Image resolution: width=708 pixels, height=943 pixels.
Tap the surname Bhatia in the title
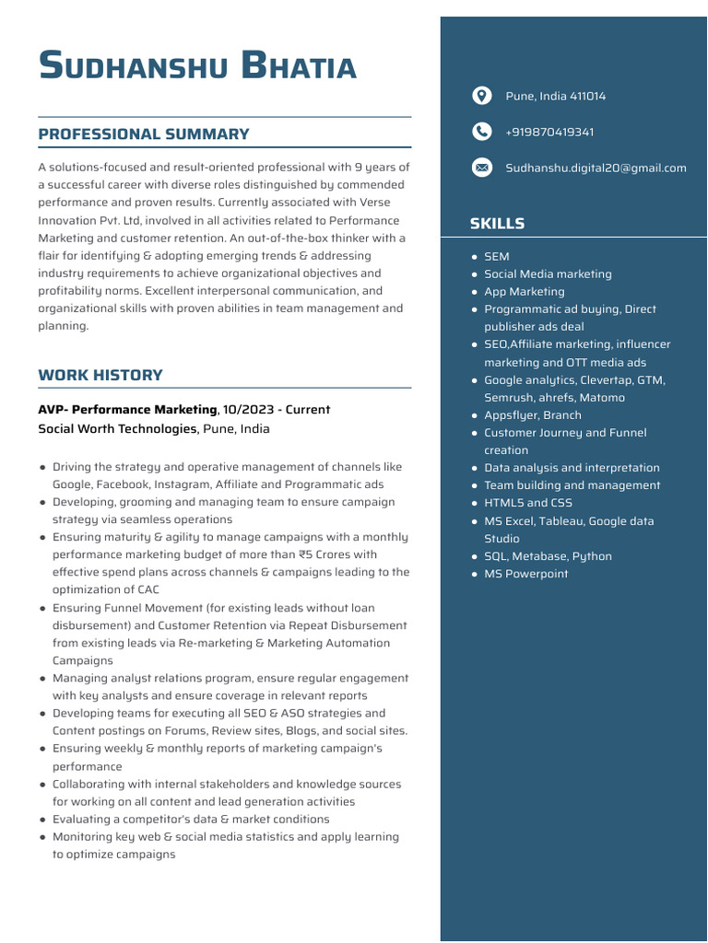click(298, 67)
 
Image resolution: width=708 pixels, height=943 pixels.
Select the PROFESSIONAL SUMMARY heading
click(143, 134)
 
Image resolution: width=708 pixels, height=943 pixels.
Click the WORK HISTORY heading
click(100, 375)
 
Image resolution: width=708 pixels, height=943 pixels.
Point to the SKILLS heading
click(497, 224)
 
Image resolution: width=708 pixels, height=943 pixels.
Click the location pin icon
click(481, 96)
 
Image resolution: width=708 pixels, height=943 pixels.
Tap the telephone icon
click(481, 132)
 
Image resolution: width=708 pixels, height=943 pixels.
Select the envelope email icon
click(481, 168)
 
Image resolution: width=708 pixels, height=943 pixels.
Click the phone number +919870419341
click(549, 132)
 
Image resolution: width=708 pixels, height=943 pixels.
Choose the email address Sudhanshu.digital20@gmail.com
click(596, 168)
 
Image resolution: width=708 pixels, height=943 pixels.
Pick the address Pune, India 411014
click(555, 96)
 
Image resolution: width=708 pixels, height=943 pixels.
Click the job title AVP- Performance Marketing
click(127, 409)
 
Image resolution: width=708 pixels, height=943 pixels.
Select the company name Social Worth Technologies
click(117, 428)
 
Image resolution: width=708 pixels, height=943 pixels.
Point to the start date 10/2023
click(247, 409)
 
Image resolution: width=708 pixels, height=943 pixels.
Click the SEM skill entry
click(496, 257)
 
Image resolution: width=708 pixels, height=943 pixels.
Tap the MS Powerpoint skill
click(525, 574)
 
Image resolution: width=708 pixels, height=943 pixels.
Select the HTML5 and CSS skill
click(527, 503)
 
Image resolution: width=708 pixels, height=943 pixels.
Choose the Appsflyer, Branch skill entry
click(532, 415)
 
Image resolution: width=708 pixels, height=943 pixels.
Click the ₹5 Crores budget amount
click(325, 554)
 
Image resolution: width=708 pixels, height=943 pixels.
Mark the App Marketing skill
click(524, 292)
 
